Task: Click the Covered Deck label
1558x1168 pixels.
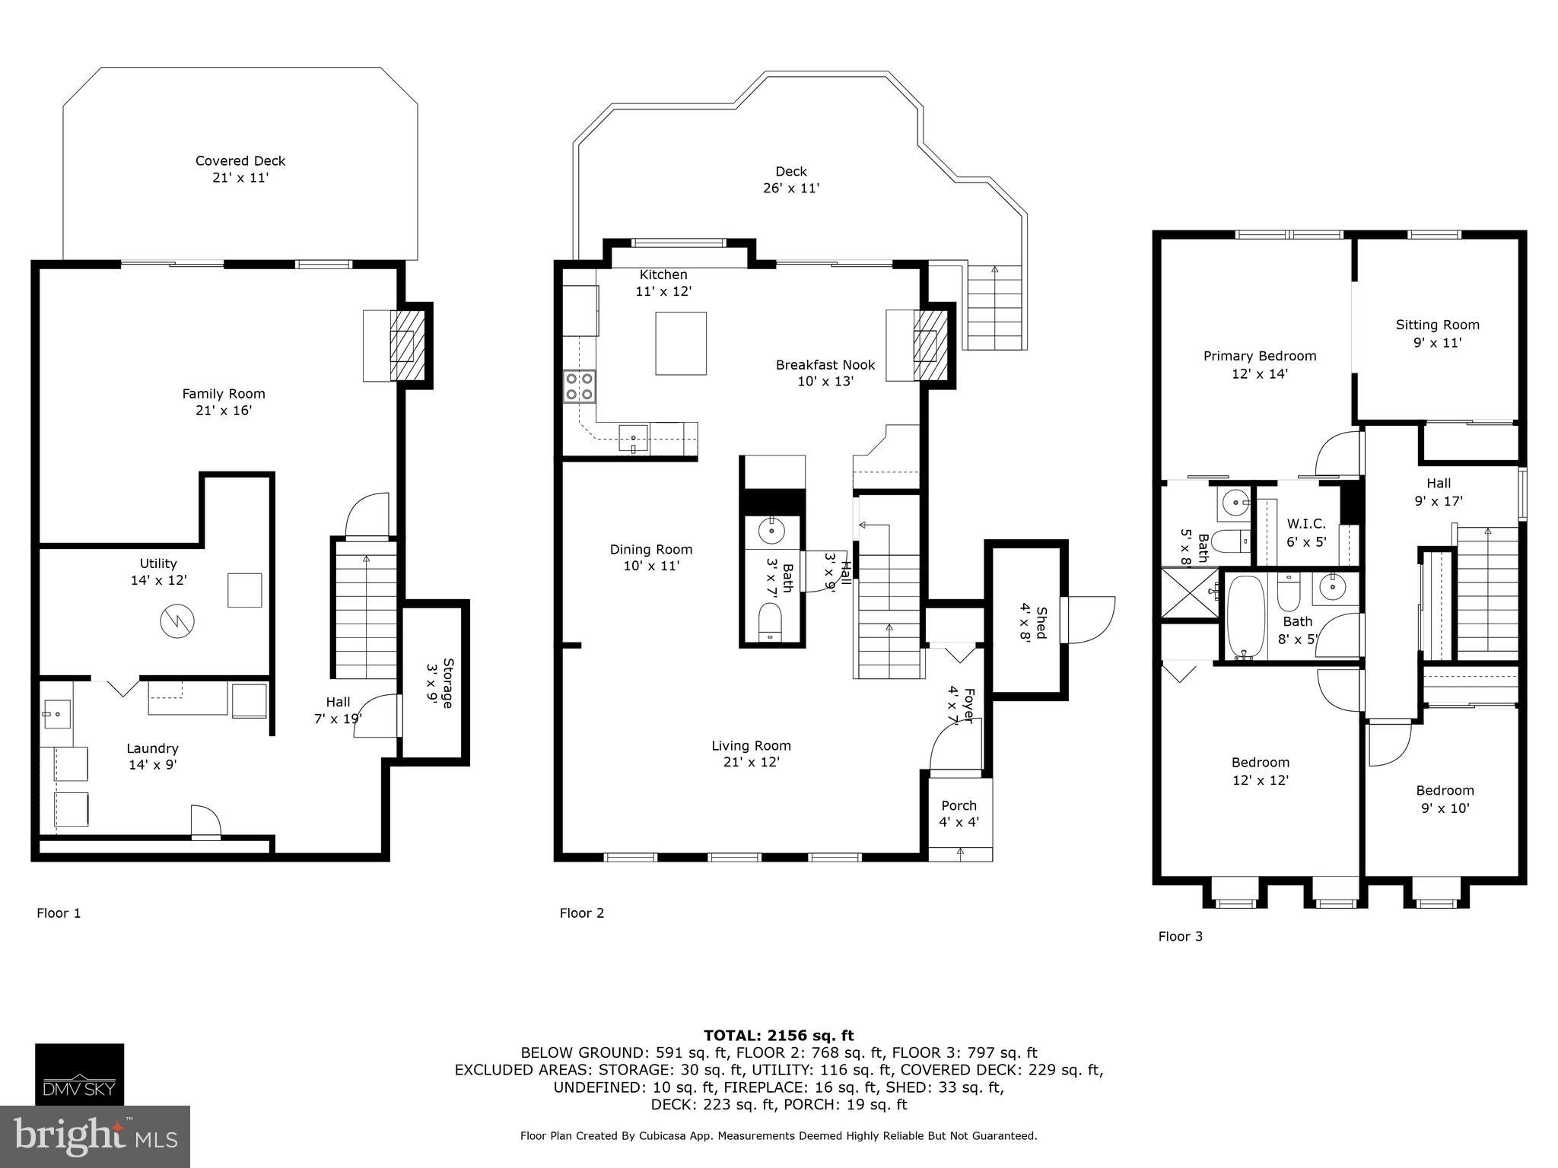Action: click(240, 169)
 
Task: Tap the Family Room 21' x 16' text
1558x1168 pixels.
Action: click(224, 401)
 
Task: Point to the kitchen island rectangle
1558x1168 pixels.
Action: click(681, 343)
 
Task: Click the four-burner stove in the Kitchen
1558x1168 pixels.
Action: click(579, 386)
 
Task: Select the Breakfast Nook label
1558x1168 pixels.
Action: click(825, 373)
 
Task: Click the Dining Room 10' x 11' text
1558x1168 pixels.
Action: click(651, 557)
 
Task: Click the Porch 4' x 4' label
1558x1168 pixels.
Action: click(959, 813)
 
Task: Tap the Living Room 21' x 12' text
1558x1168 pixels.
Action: click(751, 754)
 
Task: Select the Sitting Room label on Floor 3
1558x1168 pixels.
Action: click(1437, 333)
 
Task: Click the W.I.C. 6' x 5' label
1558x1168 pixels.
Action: click(1306, 532)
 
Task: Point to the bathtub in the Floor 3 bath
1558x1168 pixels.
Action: click(1245, 617)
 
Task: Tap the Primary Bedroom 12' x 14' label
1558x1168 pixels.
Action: click(1260, 364)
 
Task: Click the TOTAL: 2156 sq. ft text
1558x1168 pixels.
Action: click(778, 1035)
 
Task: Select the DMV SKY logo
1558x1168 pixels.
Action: click(79, 1074)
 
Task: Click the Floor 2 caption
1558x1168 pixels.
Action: click(582, 912)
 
